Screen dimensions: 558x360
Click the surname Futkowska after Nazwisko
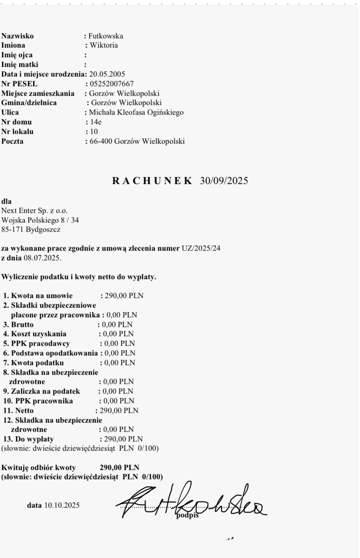pos(106,36)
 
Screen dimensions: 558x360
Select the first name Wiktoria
pos(104,46)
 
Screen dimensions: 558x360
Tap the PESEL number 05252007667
pos(112,84)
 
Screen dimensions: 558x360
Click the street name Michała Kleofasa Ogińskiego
pos(136,112)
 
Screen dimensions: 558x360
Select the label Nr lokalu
pos(17,132)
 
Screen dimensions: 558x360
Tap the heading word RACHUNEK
pos(152,181)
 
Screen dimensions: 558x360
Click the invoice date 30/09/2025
pos(224,181)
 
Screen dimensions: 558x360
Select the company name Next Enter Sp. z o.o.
pos(35,211)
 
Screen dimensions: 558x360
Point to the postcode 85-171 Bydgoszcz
pos(31,230)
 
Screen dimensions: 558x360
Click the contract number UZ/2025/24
pos(201,248)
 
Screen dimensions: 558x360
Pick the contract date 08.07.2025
pos(42,258)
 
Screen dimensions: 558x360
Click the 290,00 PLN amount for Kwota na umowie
pos(124,296)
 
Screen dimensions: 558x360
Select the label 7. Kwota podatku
pos(34,363)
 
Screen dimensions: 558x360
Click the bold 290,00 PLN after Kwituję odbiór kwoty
pos(119,468)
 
